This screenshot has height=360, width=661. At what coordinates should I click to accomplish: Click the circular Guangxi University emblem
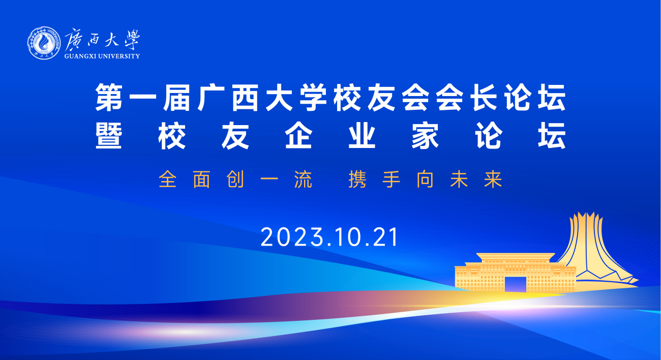tap(44, 43)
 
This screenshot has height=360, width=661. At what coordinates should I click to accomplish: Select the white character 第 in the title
tap(109, 98)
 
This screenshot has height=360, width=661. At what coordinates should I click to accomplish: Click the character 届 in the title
tap(176, 98)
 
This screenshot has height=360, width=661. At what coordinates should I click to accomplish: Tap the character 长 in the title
tap(483, 98)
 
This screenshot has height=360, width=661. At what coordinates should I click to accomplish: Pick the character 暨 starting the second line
tap(109, 135)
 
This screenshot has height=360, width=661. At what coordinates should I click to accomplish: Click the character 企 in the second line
tap(298, 135)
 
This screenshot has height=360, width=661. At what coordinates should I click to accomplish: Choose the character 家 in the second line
tap(425, 135)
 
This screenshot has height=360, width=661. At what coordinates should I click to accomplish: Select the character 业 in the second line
tap(362, 135)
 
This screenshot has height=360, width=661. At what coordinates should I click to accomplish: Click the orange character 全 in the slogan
tap(168, 179)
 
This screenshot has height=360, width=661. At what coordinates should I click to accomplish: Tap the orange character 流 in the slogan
tap(303, 179)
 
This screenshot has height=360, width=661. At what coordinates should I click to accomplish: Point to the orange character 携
tap(357, 179)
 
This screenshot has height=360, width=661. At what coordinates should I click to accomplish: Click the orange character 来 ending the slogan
tap(493, 179)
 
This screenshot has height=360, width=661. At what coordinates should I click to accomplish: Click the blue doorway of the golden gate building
tap(515, 284)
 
